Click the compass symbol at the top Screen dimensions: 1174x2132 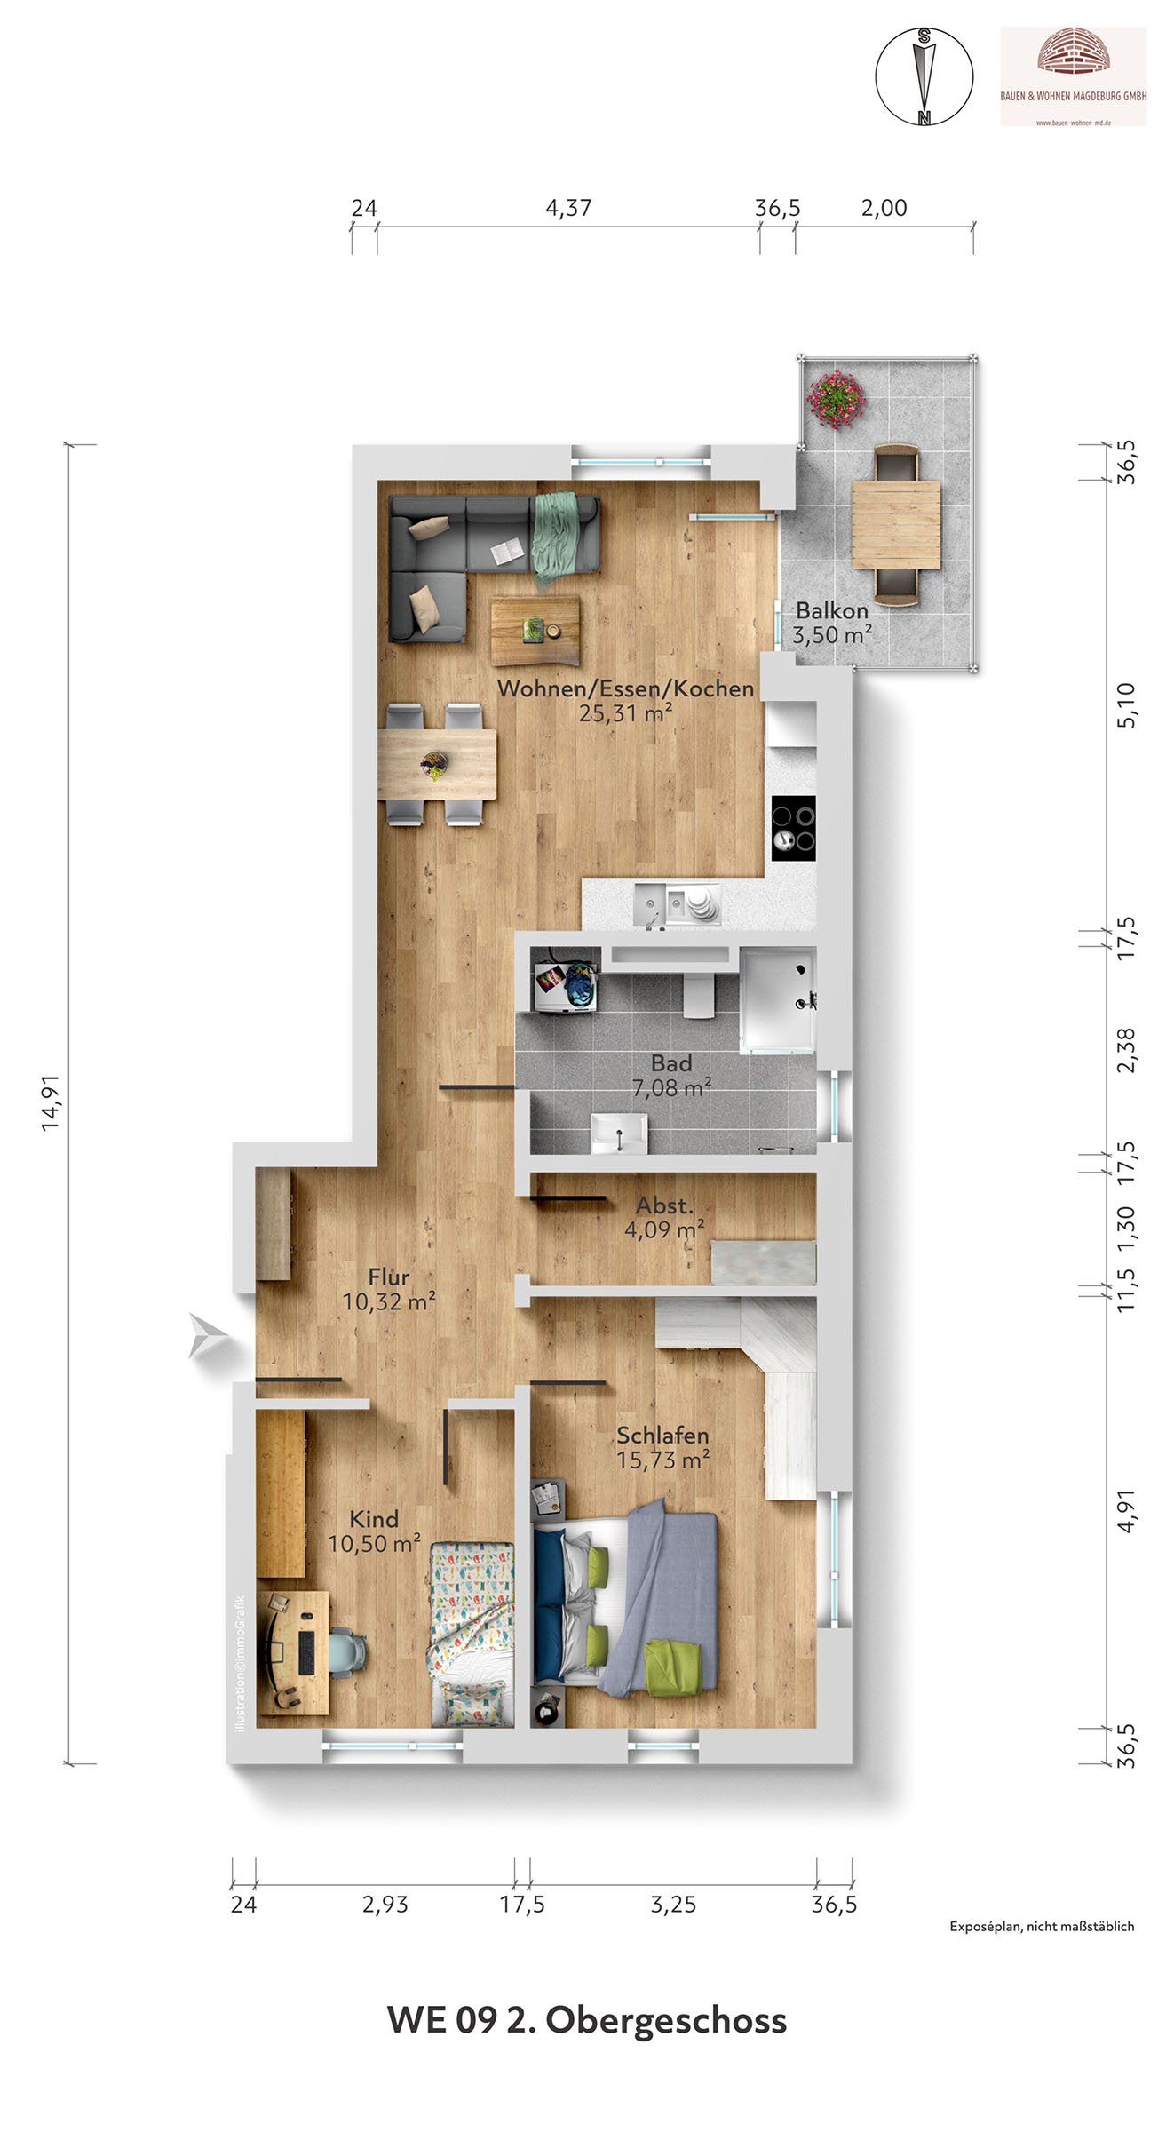(x=924, y=76)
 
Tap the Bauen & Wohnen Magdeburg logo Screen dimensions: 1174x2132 (x=1074, y=76)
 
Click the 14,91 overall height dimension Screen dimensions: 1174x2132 (x=51, y=1102)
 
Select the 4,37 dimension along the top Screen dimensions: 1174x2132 (x=568, y=208)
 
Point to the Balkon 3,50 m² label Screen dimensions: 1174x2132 (x=832, y=623)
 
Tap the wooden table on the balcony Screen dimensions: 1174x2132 (x=896, y=524)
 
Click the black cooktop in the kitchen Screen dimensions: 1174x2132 (x=793, y=828)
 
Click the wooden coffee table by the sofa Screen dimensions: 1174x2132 (x=535, y=631)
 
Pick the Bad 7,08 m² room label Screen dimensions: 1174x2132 (x=671, y=1075)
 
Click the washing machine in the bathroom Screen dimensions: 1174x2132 (x=564, y=980)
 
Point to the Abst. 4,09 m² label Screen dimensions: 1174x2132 (x=664, y=1218)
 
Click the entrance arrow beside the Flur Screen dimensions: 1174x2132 (x=209, y=1336)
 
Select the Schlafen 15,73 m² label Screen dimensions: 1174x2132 (x=662, y=1447)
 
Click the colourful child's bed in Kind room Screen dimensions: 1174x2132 (x=472, y=1635)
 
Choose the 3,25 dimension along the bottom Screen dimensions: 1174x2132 (x=673, y=1905)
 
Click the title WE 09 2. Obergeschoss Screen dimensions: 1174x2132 (x=587, y=2020)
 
